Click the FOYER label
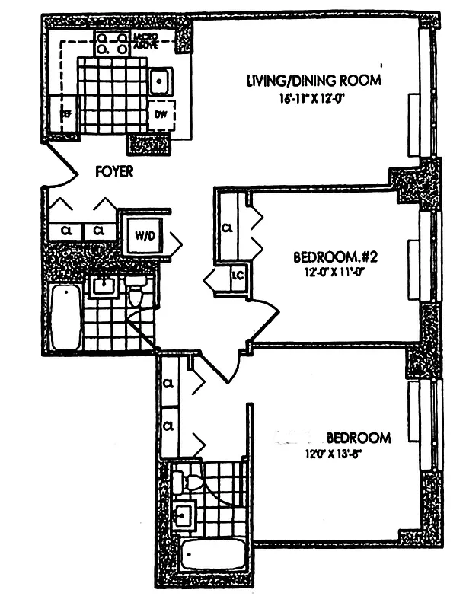114,172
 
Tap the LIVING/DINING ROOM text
312,80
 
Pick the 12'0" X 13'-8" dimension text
340,455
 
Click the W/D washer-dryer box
145,235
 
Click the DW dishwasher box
161,115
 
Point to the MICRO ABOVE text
145,41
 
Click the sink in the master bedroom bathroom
183,514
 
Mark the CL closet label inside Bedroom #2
227,228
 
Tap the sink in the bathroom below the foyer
102,286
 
